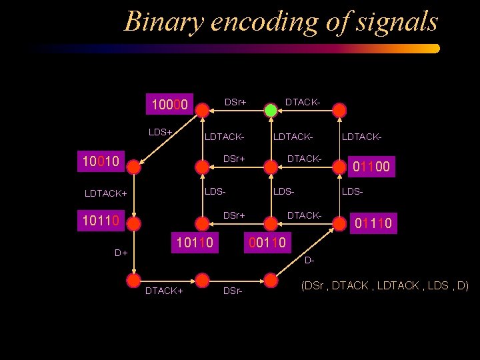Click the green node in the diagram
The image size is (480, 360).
(271, 110)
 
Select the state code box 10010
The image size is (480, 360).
(99, 161)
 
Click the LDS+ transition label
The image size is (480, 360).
(161, 132)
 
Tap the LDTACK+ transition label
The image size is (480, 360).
(105, 193)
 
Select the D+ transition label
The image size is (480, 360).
(121, 253)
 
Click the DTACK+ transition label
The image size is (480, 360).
(164, 291)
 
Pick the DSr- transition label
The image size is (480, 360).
(233, 291)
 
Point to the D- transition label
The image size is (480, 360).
(309, 259)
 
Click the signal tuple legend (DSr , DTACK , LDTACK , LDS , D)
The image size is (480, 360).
(385, 285)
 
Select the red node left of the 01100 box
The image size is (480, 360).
(340, 166)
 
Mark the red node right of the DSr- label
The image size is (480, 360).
(271, 279)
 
